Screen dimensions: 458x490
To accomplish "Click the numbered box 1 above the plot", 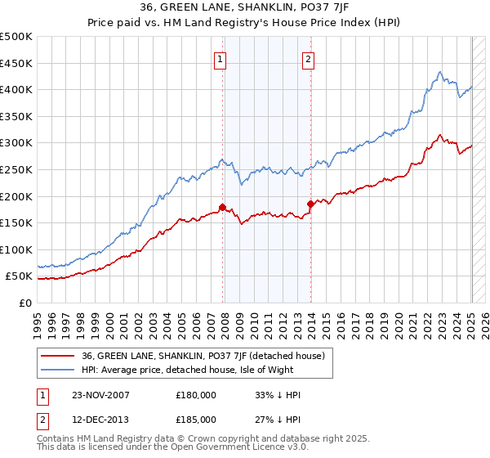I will click(221, 58).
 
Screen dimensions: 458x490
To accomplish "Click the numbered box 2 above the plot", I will click(309, 58).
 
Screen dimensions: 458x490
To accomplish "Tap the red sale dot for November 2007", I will click(223, 207).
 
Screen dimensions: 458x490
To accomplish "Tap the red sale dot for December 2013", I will click(311, 204).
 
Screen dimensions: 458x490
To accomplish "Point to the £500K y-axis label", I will click(16, 37).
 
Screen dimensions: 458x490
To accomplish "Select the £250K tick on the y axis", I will click(16, 169).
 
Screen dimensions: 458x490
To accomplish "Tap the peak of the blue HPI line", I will click(440, 72).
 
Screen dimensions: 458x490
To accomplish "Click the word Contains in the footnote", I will click(56, 438).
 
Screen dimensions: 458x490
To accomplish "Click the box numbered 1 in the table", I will click(43, 395).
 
